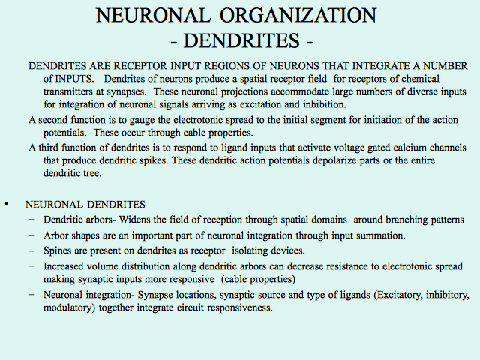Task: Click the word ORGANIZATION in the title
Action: coord(298,15)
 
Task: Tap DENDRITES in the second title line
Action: coord(241,40)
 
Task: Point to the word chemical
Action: coord(420,79)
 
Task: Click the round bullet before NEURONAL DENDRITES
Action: coord(7,204)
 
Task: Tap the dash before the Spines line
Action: coord(31,250)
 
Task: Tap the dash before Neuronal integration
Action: coord(31,295)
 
